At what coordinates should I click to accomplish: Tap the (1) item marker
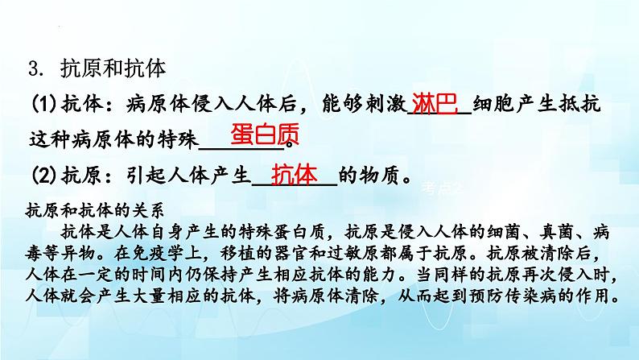[44, 106]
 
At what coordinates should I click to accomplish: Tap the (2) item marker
[44, 174]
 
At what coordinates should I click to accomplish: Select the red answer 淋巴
[435, 104]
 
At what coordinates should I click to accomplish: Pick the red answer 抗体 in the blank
[295, 174]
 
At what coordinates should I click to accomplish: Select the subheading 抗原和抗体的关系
[95, 212]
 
